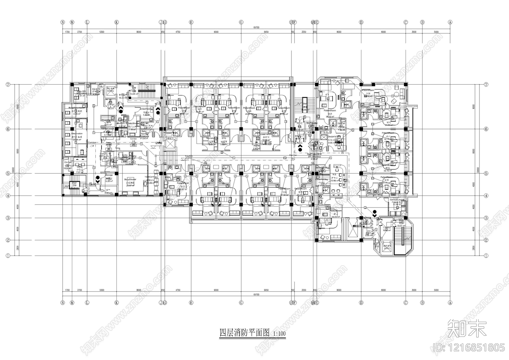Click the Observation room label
(x=77, y=134)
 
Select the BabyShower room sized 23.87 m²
(x=130, y=180)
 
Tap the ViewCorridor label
(x=151, y=177)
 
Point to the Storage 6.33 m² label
(x=109, y=175)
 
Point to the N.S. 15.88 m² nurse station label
(x=334, y=175)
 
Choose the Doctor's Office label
(x=334, y=137)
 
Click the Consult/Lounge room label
(x=396, y=200)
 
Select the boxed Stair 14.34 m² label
(x=74, y=183)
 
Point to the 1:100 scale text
(x=279, y=334)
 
